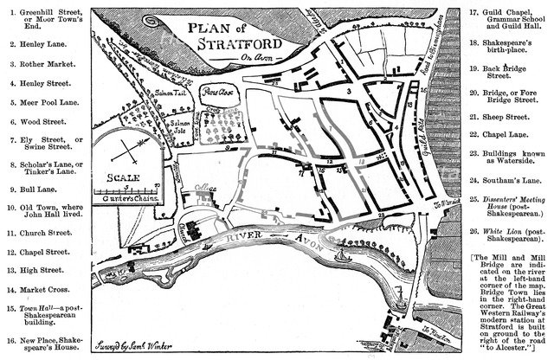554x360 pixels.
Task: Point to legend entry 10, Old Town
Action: tap(42, 212)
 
